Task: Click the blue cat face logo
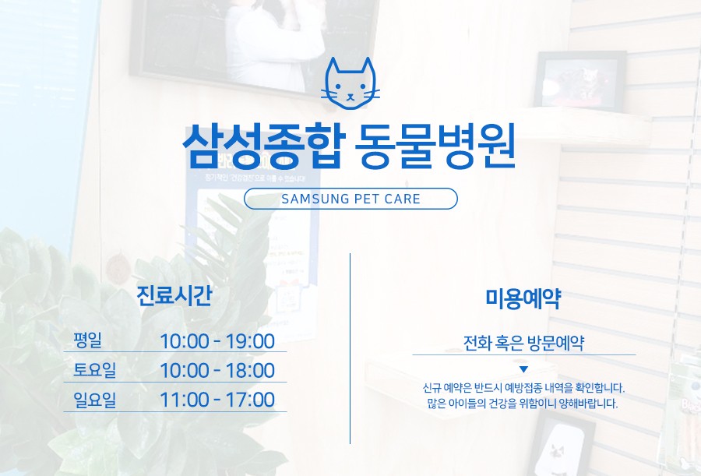click(x=350, y=83)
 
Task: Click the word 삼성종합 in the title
click(x=264, y=146)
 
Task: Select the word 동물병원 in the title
click(x=435, y=146)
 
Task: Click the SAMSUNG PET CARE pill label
click(x=351, y=199)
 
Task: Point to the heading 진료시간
click(x=174, y=296)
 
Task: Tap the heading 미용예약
click(x=523, y=298)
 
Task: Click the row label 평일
click(x=87, y=340)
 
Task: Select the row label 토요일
click(x=95, y=369)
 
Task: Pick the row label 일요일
click(x=95, y=399)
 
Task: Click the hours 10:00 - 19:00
click(x=217, y=341)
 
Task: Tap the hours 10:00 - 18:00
click(x=217, y=370)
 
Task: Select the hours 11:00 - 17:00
click(x=217, y=400)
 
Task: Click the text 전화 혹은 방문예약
click(x=523, y=343)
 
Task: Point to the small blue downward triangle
click(x=524, y=369)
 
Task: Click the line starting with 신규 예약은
click(x=523, y=387)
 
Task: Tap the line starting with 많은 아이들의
click(x=522, y=404)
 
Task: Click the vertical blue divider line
click(x=350, y=348)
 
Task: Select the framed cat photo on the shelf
click(x=580, y=81)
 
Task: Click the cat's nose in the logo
click(x=350, y=95)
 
